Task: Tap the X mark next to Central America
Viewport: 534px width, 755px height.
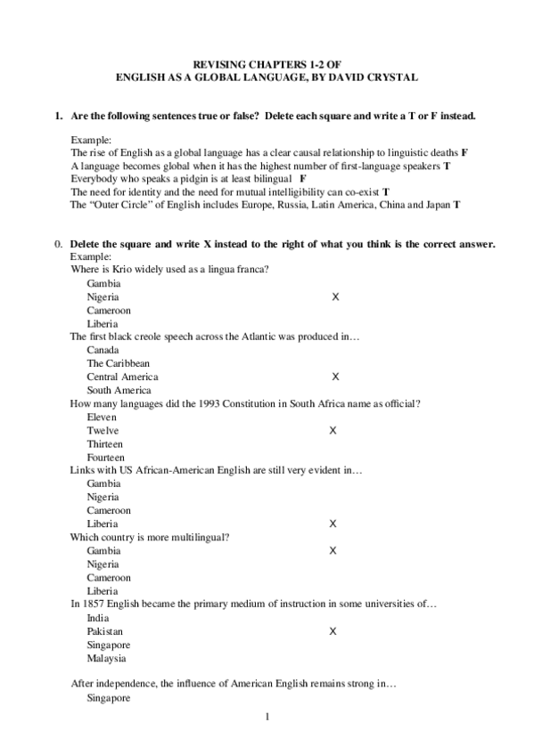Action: point(334,377)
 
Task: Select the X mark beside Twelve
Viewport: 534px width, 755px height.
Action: point(333,430)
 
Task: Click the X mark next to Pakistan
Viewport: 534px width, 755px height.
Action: point(333,631)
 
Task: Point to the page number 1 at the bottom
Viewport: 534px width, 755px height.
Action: point(267,716)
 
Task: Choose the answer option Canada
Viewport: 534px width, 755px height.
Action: point(103,350)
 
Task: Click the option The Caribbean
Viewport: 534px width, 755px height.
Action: point(118,363)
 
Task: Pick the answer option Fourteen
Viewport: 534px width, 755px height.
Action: point(106,458)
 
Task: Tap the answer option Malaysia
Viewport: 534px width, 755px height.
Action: point(106,659)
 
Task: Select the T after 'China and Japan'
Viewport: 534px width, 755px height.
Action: point(456,205)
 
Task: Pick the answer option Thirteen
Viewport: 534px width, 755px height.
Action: point(105,444)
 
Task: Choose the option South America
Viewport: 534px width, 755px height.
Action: point(119,390)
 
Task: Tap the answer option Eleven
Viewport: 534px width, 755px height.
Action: point(102,417)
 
